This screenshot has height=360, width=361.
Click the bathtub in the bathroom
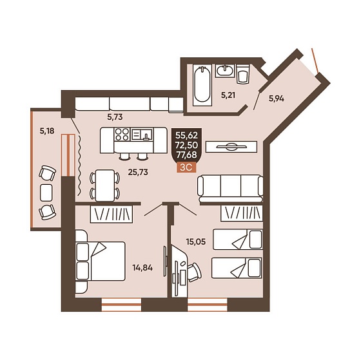point(202,85)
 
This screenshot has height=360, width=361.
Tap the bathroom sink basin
point(225,70)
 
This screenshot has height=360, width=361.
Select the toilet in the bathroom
point(242,74)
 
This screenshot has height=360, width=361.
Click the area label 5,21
point(228,95)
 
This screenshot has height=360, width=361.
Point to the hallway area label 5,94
point(277,99)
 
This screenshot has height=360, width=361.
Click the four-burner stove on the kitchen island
point(122,135)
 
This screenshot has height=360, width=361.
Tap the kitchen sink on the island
point(142,135)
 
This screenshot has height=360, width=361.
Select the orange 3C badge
point(186,167)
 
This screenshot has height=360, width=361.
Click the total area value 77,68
point(186,155)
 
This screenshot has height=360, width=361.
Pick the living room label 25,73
point(138,172)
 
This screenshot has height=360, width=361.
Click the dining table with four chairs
point(105,185)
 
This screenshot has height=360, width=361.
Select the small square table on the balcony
point(46,193)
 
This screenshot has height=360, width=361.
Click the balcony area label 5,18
point(47,131)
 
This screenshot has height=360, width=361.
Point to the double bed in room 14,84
point(101,261)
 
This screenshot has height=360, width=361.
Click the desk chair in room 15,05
point(194,272)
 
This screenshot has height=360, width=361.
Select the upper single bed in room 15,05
point(238,239)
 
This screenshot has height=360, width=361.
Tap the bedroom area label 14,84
point(142,268)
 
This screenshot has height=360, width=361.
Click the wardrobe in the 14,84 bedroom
point(112,214)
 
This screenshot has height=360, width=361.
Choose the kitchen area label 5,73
point(115,117)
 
